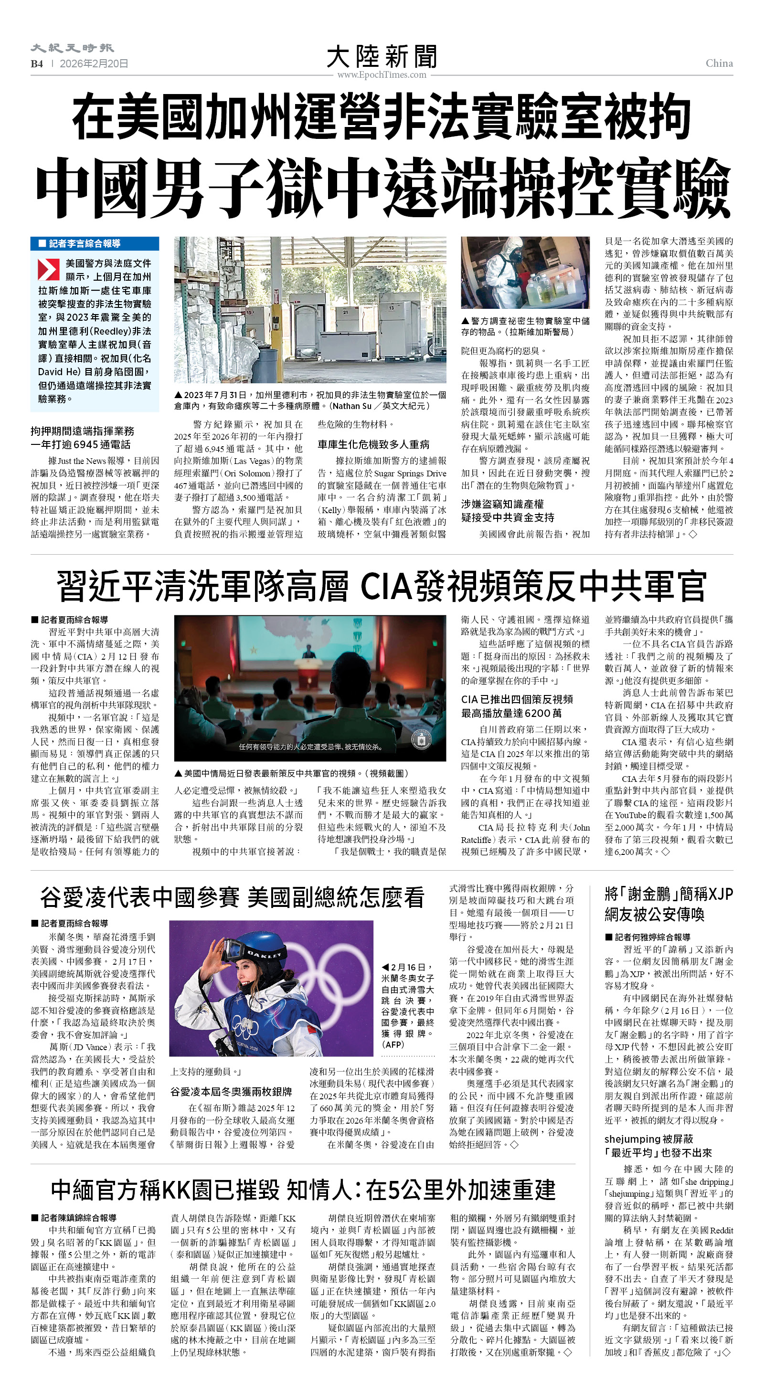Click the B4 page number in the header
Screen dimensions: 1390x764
pyautogui.click(x=37, y=63)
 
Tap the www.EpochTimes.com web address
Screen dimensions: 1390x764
pyautogui.click(x=382, y=75)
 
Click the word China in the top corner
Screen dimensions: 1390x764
pyautogui.click(x=719, y=63)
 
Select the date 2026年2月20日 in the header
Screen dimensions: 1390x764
pyautogui.click(x=94, y=63)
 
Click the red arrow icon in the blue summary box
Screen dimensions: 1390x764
pyautogui.click(x=48, y=269)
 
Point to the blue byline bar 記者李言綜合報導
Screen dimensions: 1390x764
pyautogui.click(x=95, y=243)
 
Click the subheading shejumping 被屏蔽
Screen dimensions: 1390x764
pyautogui.click(x=648, y=1138)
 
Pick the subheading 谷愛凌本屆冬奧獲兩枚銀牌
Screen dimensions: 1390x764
pyautogui.click(x=231, y=1092)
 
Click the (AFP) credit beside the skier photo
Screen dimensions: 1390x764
pyautogui.click(x=393, y=1044)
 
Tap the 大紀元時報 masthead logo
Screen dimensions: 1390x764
pyautogui.click(x=72, y=49)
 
